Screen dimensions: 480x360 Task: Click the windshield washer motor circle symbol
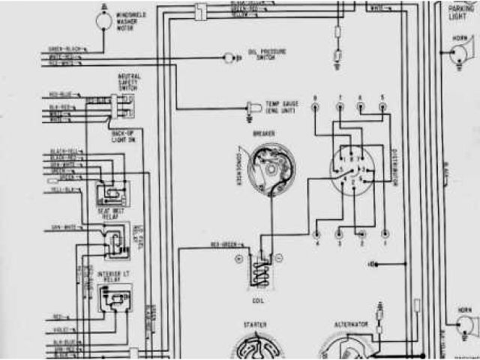tap(102, 22)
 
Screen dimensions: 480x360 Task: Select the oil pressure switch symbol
tap(229, 57)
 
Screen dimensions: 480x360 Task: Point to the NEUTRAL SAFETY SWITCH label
tap(127, 82)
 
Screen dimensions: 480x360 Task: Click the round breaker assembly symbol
tap(272, 168)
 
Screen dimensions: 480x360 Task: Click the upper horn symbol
tap(457, 53)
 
